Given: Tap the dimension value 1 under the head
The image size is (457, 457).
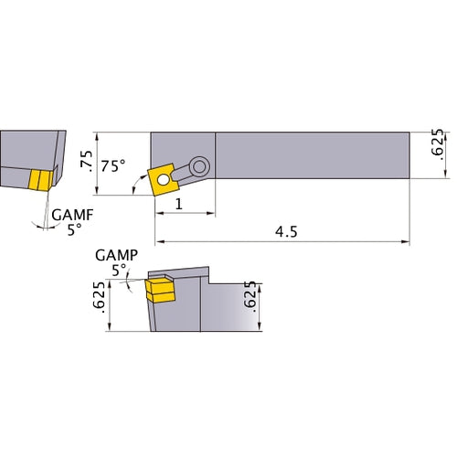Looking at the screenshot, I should click(x=179, y=205).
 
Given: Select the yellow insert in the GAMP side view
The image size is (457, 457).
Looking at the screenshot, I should click(x=160, y=290).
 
